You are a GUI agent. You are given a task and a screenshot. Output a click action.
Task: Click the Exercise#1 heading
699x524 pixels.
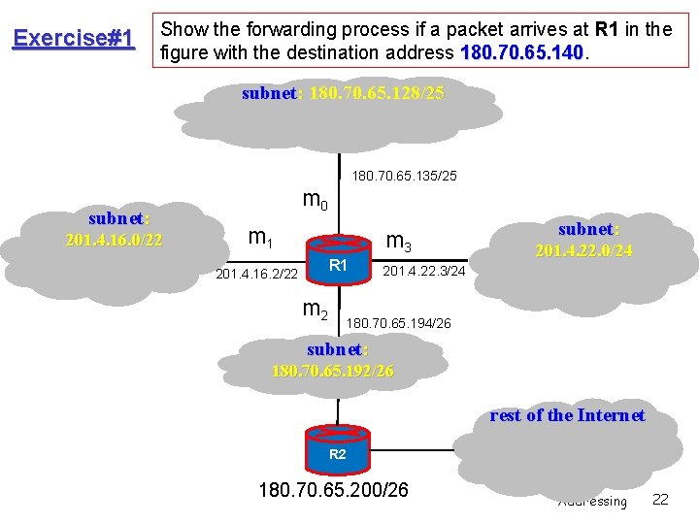pyautogui.click(x=73, y=38)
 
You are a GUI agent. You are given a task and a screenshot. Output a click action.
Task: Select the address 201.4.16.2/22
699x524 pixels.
pyautogui.click(x=256, y=275)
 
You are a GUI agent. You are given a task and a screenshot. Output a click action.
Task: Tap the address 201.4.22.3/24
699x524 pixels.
pyautogui.click(x=425, y=271)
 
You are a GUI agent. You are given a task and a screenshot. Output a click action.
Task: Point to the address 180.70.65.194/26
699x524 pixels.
pyautogui.click(x=399, y=321)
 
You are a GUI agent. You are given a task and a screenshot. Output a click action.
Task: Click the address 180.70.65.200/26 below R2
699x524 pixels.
pyautogui.click(x=333, y=489)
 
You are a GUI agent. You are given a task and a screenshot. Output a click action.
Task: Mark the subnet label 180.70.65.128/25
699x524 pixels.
pyautogui.click(x=343, y=94)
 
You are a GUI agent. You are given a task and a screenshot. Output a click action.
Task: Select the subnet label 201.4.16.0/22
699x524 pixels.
pyautogui.click(x=114, y=230)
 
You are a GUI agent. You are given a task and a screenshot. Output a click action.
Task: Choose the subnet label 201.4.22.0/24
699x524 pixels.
pyautogui.click(x=583, y=240)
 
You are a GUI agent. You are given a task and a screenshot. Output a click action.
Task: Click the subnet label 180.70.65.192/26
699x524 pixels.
pyautogui.click(x=332, y=360)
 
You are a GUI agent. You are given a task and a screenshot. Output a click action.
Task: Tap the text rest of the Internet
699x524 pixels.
pyautogui.click(x=567, y=415)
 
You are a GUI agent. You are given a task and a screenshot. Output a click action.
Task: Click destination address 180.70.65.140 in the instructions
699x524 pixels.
pyautogui.click(x=522, y=49)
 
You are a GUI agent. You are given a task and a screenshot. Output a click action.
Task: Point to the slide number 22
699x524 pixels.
pyautogui.click(x=660, y=499)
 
